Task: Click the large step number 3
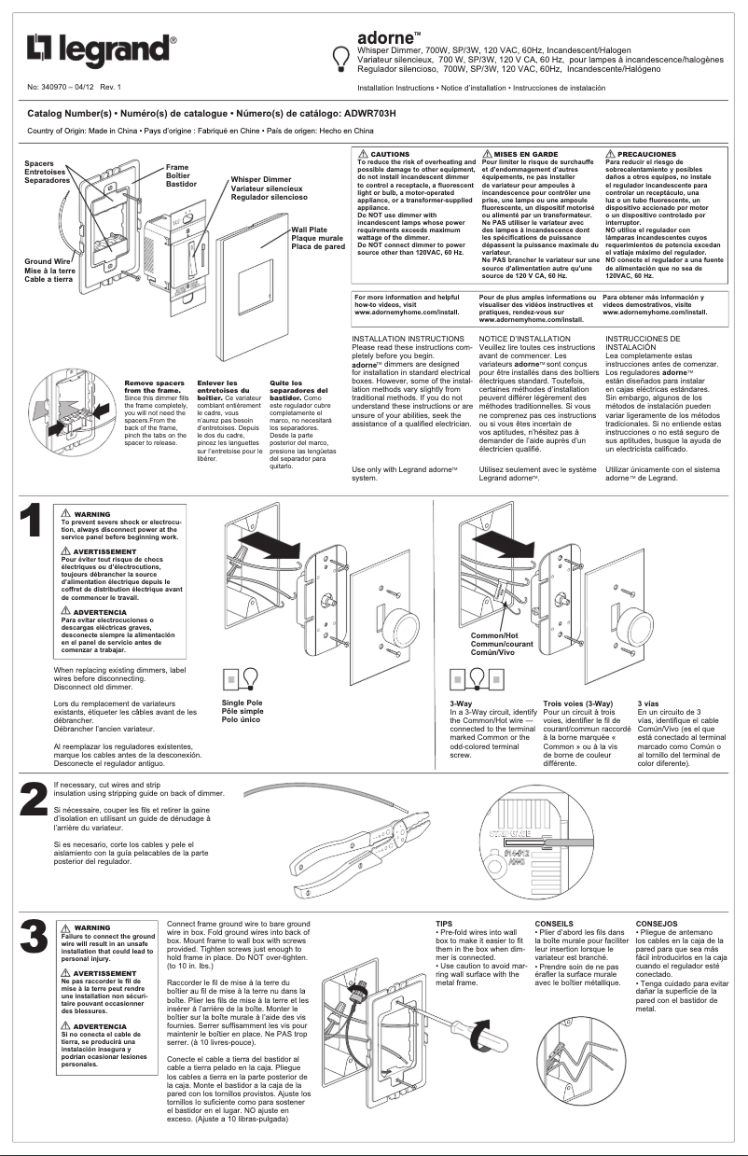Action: [33, 937]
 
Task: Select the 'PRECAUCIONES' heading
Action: [646, 153]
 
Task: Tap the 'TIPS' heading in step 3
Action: [444, 924]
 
